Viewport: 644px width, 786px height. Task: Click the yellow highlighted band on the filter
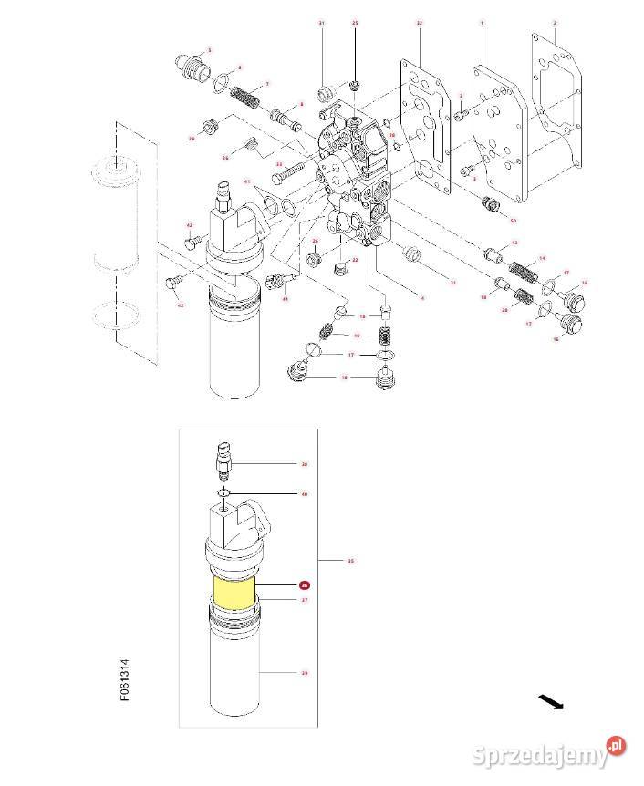click(235, 592)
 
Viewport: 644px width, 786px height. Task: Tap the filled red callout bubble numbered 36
click(305, 585)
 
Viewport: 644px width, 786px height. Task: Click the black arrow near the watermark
click(549, 701)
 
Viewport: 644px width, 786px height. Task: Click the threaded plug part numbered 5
click(189, 67)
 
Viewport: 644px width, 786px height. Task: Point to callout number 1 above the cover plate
click(481, 21)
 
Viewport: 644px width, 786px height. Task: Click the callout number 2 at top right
click(555, 21)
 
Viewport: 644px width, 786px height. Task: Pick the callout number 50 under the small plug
click(514, 221)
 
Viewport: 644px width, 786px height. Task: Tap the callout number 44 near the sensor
click(285, 298)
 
